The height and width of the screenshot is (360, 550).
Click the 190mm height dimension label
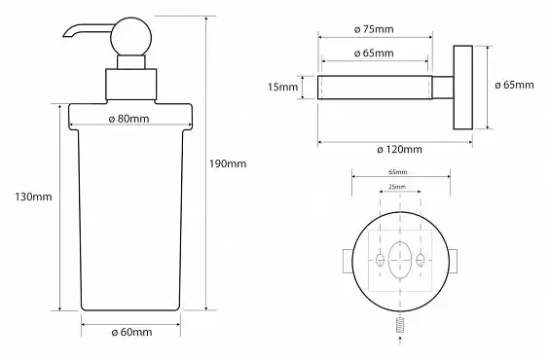(228, 163)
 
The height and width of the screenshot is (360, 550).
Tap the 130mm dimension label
(33, 197)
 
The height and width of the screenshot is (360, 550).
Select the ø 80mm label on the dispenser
(128, 119)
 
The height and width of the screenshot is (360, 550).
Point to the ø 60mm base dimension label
(131, 332)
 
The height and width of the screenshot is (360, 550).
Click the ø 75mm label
(374, 29)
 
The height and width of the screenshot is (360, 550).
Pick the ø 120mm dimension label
(399, 150)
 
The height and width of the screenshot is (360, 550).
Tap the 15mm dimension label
(282, 87)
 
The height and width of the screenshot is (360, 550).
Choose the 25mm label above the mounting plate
(397, 187)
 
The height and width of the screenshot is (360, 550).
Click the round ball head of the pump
(131, 37)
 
